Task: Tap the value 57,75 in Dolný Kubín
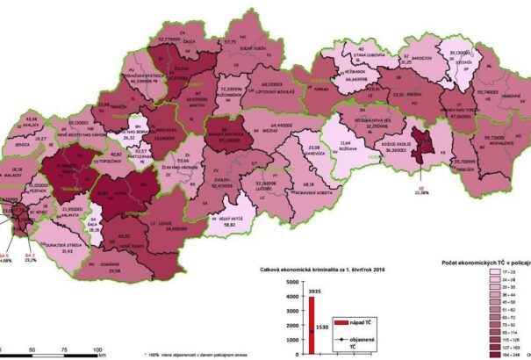point(231,41)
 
